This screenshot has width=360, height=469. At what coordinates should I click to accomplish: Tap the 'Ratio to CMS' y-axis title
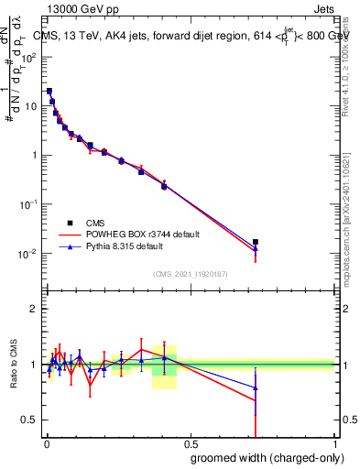(14, 365)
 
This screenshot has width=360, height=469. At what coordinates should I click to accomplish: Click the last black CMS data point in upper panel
(256, 242)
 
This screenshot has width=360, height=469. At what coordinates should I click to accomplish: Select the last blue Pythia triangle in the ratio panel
(256, 388)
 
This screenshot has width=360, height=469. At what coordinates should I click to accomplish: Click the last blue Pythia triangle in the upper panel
(256, 248)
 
